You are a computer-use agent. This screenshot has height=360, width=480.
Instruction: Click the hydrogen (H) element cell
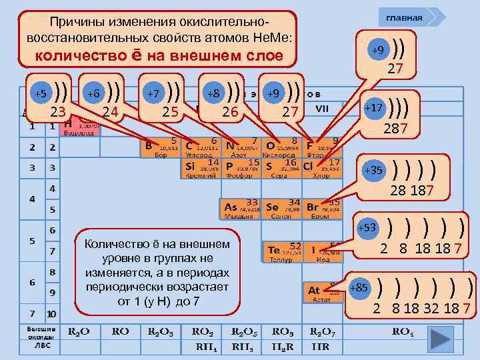[x=79, y=127]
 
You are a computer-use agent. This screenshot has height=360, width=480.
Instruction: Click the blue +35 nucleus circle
[x=373, y=170]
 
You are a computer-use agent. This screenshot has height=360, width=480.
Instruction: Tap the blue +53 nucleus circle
[x=369, y=228]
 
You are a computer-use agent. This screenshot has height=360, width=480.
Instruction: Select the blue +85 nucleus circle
[x=359, y=288]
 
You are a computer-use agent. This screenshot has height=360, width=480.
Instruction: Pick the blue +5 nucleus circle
[x=42, y=93]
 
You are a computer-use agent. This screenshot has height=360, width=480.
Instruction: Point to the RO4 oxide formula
[x=403, y=331]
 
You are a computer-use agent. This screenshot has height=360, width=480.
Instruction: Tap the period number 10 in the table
[x=51, y=313]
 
